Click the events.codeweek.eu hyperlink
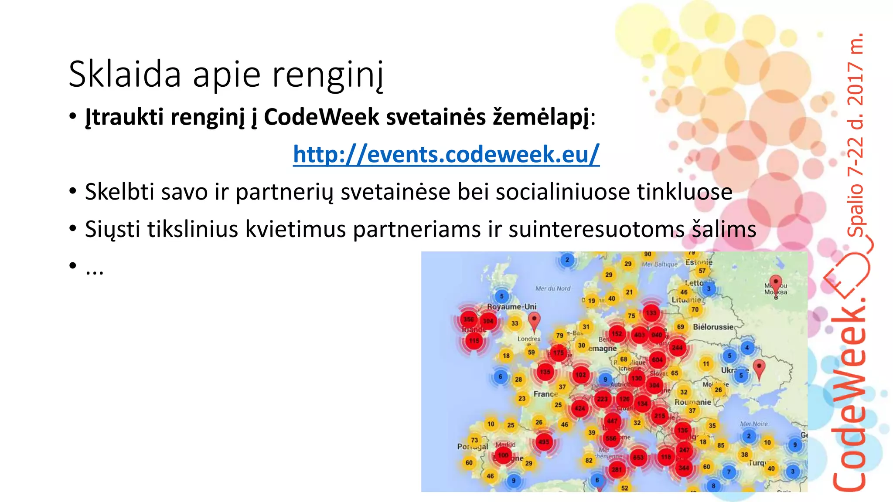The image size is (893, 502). pyautogui.click(x=446, y=154)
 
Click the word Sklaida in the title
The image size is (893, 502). pyautogui.click(x=125, y=74)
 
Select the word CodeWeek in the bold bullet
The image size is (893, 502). pyautogui.click(x=321, y=117)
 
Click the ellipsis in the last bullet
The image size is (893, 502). pyautogui.click(x=95, y=270)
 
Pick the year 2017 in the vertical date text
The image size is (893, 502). pyautogui.click(x=855, y=84)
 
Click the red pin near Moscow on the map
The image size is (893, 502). pyautogui.click(x=775, y=284)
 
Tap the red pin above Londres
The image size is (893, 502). pyautogui.click(x=534, y=322)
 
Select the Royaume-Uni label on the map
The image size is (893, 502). pyautogui.click(x=511, y=307)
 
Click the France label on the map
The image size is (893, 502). pyautogui.click(x=545, y=394)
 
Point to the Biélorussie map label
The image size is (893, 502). pyautogui.click(x=713, y=327)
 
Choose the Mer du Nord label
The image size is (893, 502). pyautogui.click(x=553, y=288)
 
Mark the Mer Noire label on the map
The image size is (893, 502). pyautogui.click(x=753, y=424)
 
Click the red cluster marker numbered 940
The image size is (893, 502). pyautogui.click(x=657, y=335)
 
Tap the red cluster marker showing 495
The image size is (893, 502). pyautogui.click(x=544, y=441)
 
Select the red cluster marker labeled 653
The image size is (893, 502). pyautogui.click(x=638, y=457)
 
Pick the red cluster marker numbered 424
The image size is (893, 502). pyautogui.click(x=579, y=408)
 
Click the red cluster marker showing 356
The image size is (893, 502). pyautogui.click(x=469, y=319)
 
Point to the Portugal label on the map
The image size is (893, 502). pyautogui.click(x=472, y=446)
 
